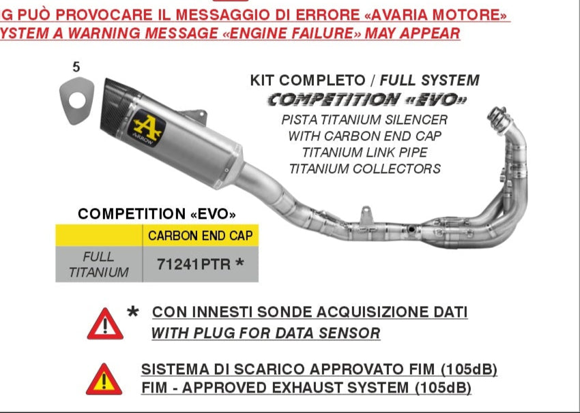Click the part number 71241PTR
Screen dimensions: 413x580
tap(194, 264)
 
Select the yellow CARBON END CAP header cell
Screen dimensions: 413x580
tap(200, 236)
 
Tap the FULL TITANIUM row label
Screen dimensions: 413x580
tap(100, 264)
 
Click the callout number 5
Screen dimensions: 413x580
tap(76, 67)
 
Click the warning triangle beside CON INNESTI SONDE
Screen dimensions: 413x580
tap(105, 324)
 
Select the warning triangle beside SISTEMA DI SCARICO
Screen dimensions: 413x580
tap(104, 380)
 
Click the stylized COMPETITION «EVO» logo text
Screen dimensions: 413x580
tap(367, 100)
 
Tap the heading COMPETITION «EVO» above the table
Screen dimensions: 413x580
tap(157, 214)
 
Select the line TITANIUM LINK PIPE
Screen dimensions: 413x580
tap(364, 152)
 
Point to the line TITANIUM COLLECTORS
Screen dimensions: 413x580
tap(364, 168)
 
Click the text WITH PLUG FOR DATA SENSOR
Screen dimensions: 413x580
tap(265, 333)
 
